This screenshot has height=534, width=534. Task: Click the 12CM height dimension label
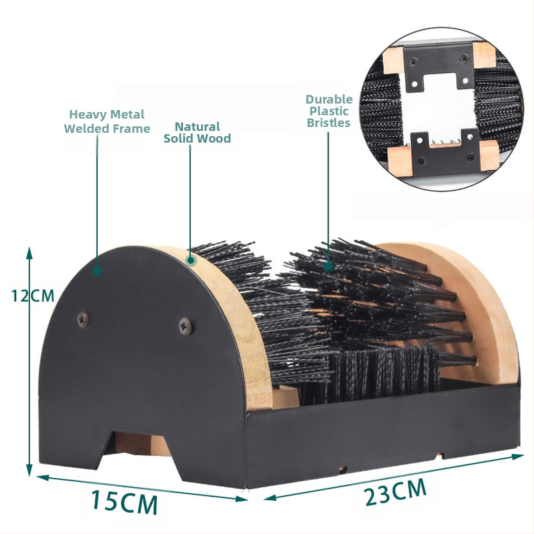[31, 295]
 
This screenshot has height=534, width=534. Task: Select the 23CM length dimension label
[395, 493]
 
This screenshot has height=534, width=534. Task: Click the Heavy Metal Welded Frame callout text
[107, 121]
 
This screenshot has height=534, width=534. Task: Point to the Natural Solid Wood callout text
[197, 132]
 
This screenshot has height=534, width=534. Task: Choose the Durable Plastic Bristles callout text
[329, 111]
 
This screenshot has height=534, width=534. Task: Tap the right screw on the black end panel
[185, 326]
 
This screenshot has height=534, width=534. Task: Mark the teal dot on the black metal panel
[97, 271]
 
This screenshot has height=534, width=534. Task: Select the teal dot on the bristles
[328, 266]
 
